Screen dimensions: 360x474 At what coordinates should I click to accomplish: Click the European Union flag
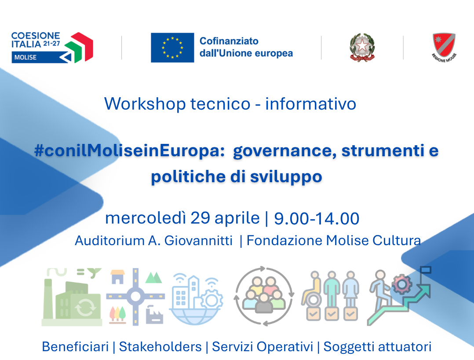172,48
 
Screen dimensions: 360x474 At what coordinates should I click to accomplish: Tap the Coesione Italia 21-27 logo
52,47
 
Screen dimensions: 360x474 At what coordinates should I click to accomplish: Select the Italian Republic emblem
362,48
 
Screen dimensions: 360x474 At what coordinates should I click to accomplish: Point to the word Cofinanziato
229,41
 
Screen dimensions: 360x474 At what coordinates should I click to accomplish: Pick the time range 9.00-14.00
317,218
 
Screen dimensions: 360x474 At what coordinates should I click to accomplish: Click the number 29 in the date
200,218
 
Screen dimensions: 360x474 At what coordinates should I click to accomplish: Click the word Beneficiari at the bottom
75,347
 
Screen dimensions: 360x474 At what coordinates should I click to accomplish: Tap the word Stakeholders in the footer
160,347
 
